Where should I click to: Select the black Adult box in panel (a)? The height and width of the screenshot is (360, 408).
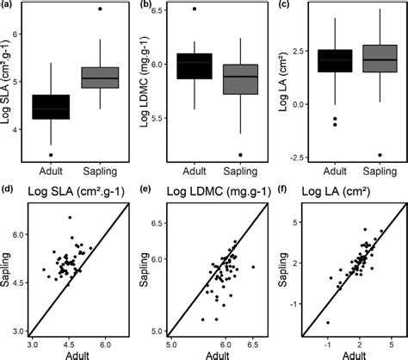point(51,106)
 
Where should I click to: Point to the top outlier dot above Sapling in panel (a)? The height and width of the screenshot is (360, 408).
point(100,9)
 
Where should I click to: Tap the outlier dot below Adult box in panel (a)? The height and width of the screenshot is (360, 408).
point(51,155)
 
